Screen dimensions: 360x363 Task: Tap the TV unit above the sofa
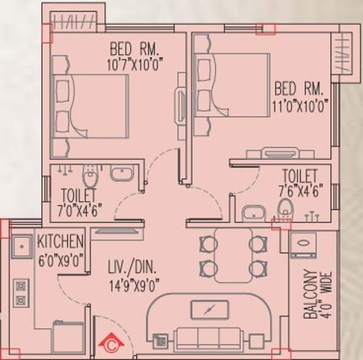[209, 310]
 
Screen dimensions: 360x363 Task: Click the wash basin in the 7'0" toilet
[121, 174]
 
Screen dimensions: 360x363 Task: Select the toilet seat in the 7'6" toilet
[284, 209]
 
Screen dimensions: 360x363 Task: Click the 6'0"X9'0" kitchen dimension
[62, 255]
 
